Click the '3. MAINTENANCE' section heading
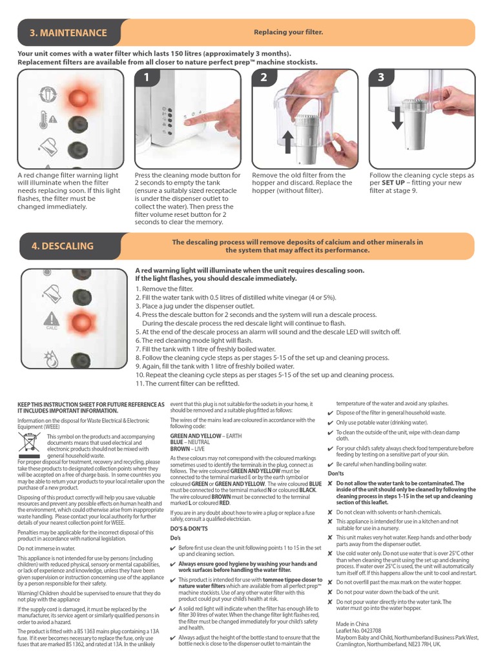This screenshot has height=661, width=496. tap(68, 33)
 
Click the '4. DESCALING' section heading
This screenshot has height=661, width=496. tap(62, 246)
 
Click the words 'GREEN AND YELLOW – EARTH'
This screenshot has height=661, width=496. tap(205, 436)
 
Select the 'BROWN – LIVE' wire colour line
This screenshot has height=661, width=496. tap(187, 447)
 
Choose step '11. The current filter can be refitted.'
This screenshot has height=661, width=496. tap(197, 383)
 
